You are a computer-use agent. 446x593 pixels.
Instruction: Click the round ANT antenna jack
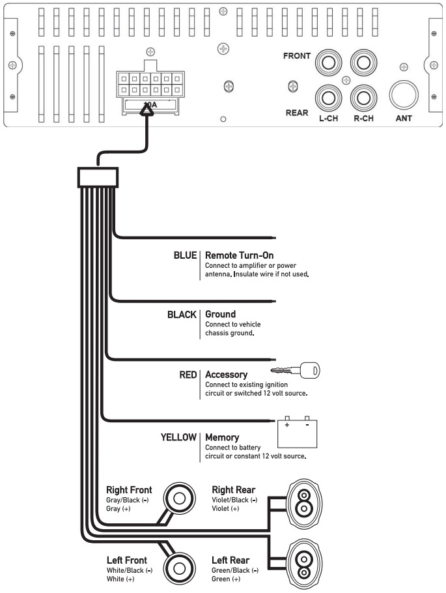pyautogui.click(x=404, y=96)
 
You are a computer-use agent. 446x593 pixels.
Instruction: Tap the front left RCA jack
pyautogui.click(x=328, y=64)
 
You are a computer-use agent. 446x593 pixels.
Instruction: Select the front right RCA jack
pyautogui.click(x=363, y=64)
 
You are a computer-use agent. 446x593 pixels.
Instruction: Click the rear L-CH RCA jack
pyautogui.click(x=328, y=98)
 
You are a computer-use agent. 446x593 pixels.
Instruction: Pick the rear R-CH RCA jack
pyautogui.click(x=363, y=98)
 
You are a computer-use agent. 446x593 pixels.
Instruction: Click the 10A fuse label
pyautogui.click(x=150, y=104)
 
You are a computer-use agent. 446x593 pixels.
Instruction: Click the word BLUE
pyautogui.click(x=184, y=255)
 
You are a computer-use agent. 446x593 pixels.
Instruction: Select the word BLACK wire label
pyautogui.click(x=182, y=314)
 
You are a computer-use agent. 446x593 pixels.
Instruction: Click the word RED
pyautogui.click(x=188, y=375)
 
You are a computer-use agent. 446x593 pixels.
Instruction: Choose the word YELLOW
pyautogui.click(x=178, y=437)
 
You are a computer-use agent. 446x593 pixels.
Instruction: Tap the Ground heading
pyautogui.click(x=220, y=314)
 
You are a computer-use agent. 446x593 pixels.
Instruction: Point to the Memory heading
pyautogui.click(x=222, y=437)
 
